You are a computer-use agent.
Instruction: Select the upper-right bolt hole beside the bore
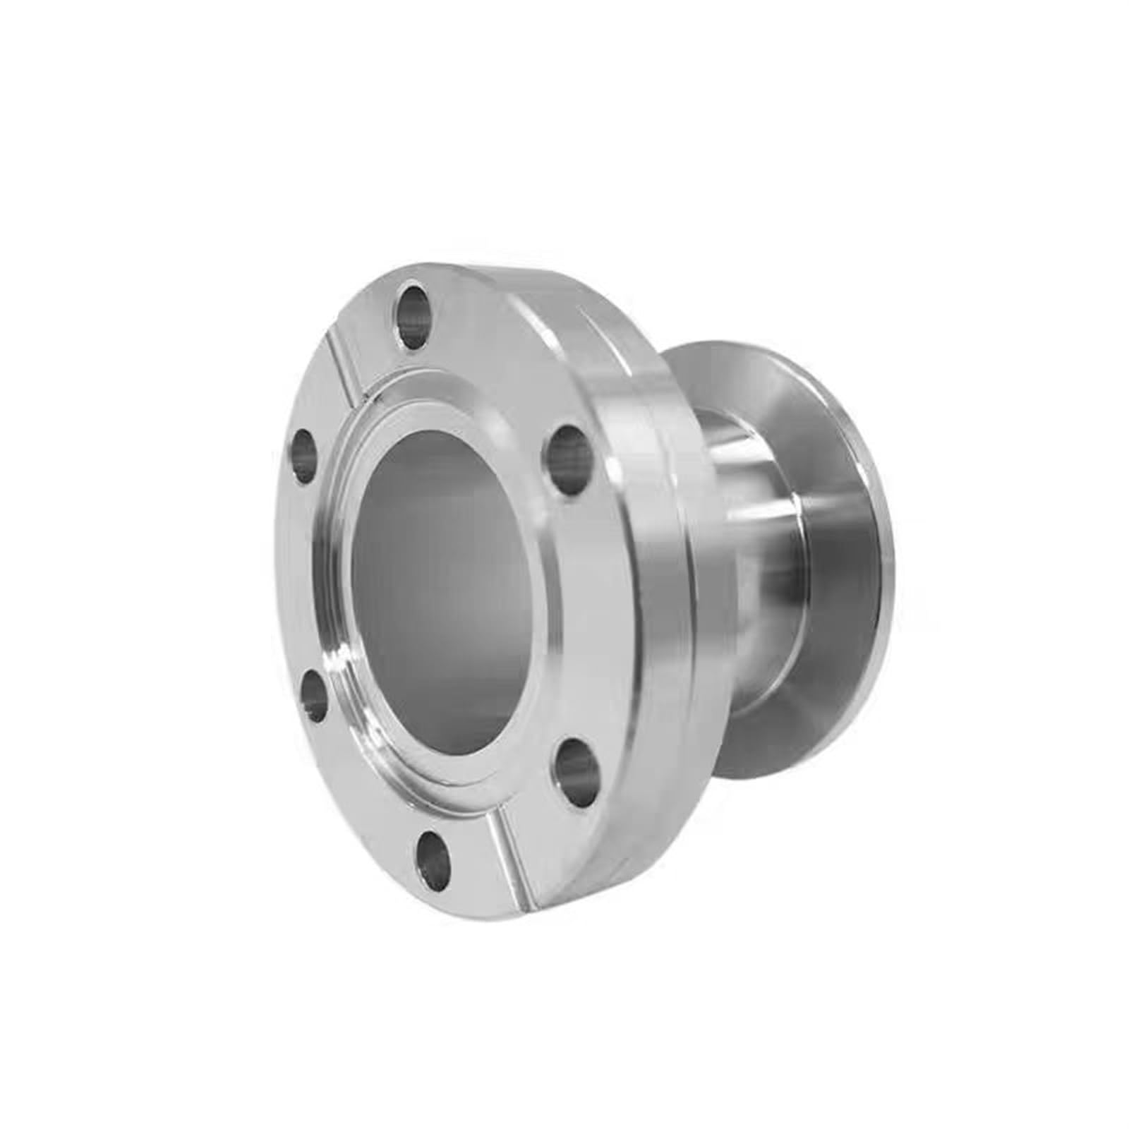(571, 459)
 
